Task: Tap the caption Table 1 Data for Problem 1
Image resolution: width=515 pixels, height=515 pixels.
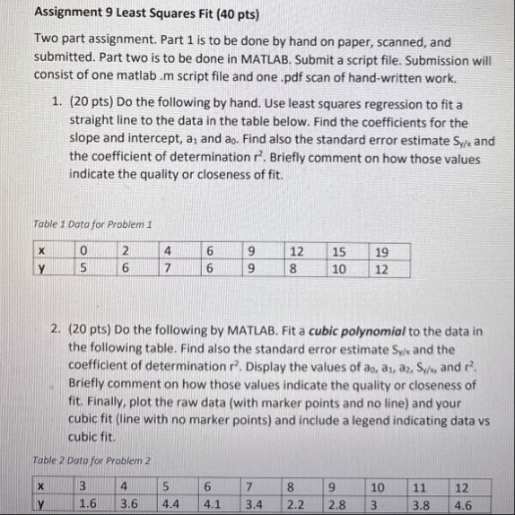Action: [x=89, y=223]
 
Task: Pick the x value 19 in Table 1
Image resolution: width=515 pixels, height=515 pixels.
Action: [x=383, y=251]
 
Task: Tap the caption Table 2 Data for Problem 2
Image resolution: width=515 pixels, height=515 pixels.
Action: [x=90, y=460]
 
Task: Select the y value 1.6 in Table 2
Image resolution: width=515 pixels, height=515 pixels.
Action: [x=88, y=503]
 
